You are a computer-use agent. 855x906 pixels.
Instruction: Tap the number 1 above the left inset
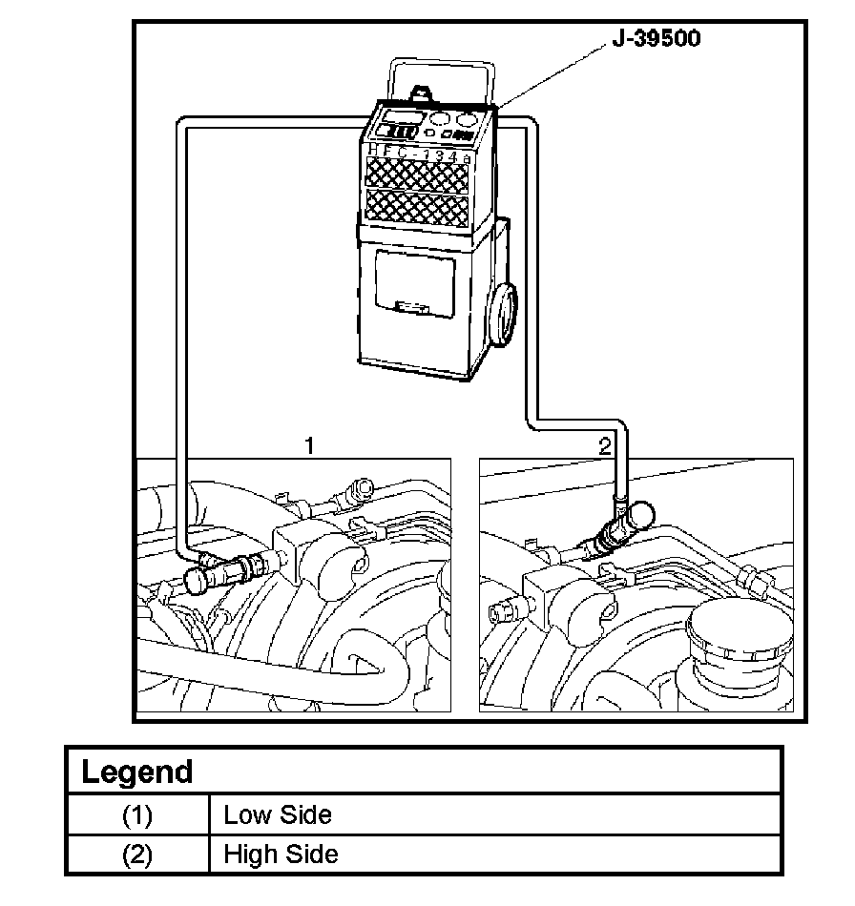click(308, 444)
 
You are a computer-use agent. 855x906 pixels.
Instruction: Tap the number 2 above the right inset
click(604, 445)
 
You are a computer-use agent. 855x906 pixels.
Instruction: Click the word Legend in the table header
click(137, 772)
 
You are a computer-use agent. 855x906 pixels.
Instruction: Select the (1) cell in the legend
click(137, 815)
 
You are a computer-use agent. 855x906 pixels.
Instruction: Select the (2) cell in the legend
click(137, 854)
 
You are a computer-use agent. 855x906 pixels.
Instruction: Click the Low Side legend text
click(278, 815)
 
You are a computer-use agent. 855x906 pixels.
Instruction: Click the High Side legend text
click(281, 854)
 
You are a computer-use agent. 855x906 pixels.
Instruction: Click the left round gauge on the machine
click(440, 122)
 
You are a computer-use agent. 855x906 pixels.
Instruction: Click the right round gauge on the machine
click(466, 121)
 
